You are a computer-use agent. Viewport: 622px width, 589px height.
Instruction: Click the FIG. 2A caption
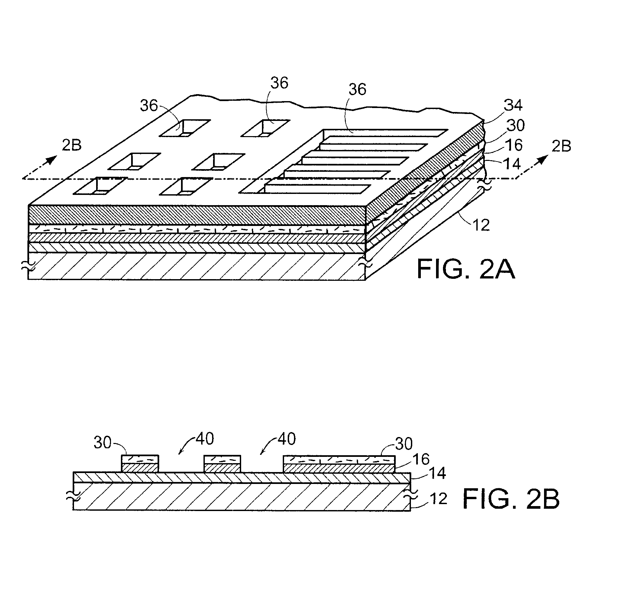pyautogui.click(x=466, y=269)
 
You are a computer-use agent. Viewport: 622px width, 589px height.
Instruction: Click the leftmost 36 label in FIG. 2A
pyautogui.click(x=149, y=106)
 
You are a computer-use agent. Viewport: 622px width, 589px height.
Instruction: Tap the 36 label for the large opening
pyautogui.click(x=357, y=89)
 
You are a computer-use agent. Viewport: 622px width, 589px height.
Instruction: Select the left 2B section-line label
pyautogui.click(x=72, y=145)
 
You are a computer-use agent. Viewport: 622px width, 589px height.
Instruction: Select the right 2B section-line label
pyautogui.click(x=561, y=146)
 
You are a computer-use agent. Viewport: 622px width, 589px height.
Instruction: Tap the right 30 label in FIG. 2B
pyautogui.click(x=404, y=444)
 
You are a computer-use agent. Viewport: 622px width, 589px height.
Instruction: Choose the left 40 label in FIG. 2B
pyautogui.click(x=205, y=439)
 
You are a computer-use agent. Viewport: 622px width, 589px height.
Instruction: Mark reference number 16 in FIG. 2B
pyautogui.click(x=421, y=459)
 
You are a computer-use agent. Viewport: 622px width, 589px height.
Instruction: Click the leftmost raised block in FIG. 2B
pyautogui.click(x=140, y=464)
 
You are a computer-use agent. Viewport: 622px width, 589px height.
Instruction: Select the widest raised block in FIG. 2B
pyautogui.click(x=339, y=464)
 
